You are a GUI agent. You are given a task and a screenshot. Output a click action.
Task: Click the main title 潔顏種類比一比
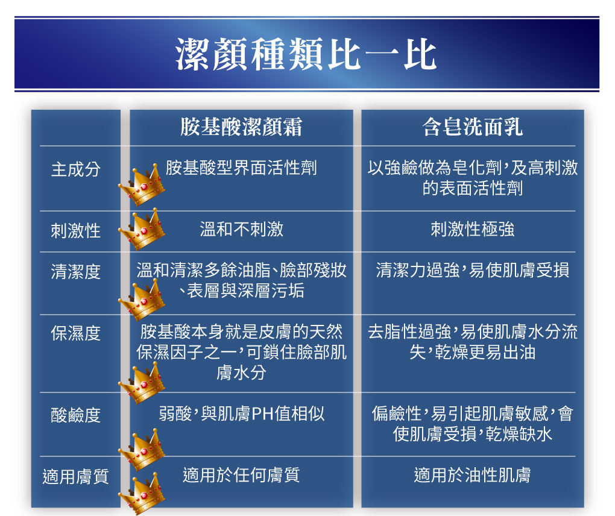coord(306,54)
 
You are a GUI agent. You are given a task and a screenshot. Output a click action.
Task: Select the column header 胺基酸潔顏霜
coord(241,127)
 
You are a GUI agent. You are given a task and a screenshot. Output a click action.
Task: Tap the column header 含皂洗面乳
coord(472,127)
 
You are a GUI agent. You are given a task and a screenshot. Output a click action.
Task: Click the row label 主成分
coord(76,169)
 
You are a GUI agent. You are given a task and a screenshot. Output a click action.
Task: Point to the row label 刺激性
coord(76,230)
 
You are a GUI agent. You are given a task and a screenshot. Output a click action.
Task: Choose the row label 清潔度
coord(76,272)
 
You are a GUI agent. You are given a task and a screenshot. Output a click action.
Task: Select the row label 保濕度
coord(76,334)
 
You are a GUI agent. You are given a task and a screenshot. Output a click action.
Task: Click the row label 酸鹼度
coord(76,415)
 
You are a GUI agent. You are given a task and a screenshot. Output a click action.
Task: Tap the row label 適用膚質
coord(76,477)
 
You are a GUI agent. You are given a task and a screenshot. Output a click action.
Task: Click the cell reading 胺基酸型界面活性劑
coord(241,168)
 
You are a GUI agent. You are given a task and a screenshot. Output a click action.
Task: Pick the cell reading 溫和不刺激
coord(241,229)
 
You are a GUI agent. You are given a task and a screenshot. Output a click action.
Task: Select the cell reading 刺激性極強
coord(472,229)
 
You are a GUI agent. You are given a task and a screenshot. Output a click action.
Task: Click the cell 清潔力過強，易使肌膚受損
coord(472,270)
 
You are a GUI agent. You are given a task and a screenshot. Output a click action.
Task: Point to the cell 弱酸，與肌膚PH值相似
coord(241,414)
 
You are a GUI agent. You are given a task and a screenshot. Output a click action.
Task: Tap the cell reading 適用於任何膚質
coord(241,475)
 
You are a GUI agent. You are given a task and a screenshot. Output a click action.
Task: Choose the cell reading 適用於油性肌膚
coord(472,475)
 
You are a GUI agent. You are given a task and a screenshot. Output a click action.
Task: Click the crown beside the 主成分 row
coord(142,185)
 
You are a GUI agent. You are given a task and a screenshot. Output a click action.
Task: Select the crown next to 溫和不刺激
coord(142,230)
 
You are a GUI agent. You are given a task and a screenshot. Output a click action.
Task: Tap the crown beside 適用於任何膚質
coord(142,494)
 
